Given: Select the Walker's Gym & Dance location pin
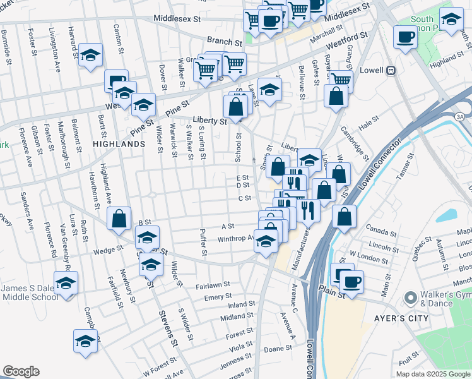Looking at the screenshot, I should (x=411, y=296).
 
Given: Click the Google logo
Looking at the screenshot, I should (x=21, y=371).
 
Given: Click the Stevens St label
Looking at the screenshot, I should (x=167, y=328).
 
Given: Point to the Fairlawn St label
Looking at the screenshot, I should (x=213, y=286).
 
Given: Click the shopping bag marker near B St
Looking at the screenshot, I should (x=119, y=219).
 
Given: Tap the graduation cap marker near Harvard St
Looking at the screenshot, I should (x=91, y=55).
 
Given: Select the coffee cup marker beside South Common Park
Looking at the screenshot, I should (x=404, y=37).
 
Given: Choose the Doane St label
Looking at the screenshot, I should (x=278, y=349).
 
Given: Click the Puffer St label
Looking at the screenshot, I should (x=204, y=243).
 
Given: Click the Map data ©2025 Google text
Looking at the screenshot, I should (x=432, y=373).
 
